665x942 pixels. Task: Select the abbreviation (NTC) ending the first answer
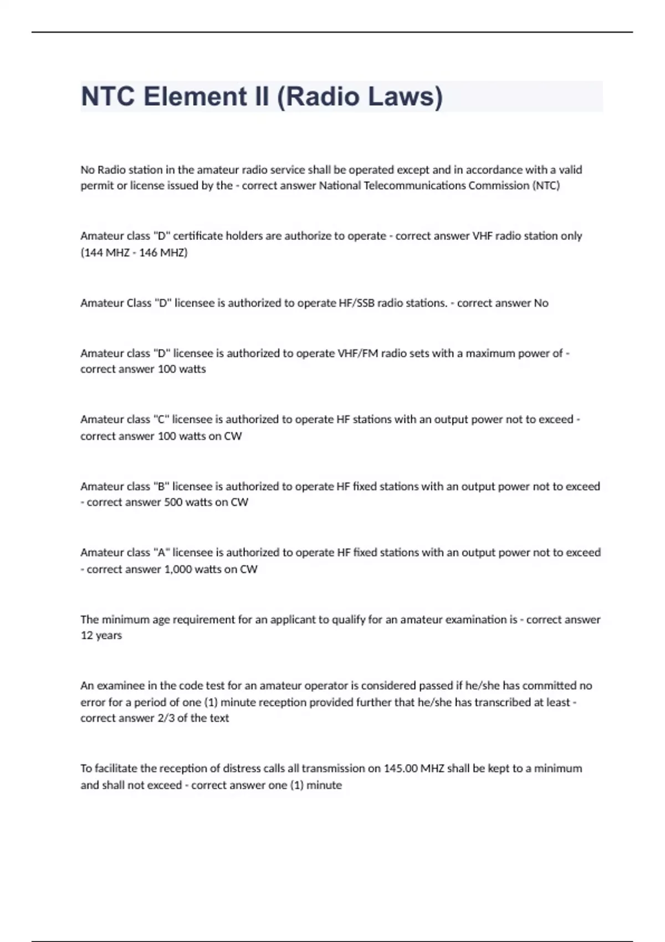tap(546, 186)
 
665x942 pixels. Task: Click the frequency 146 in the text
tap(148, 253)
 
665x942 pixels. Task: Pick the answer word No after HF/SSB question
tap(541, 303)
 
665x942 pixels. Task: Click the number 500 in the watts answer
tap(173, 502)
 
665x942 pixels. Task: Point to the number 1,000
tap(178, 569)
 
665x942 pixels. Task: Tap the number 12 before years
tap(86, 636)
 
